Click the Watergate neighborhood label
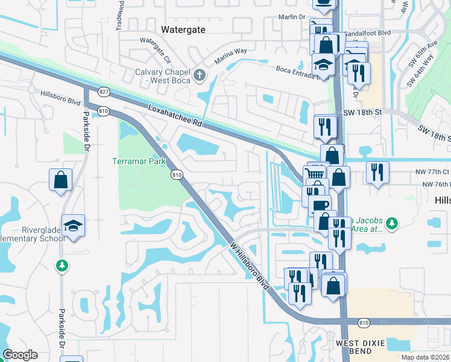(184, 29)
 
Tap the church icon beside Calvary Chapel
(200, 75)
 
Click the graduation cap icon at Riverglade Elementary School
(73, 225)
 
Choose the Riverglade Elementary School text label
(34, 234)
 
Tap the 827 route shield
(104, 92)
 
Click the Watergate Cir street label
(156, 46)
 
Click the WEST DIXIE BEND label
(358, 347)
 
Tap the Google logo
(20, 355)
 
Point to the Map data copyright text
(425, 357)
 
